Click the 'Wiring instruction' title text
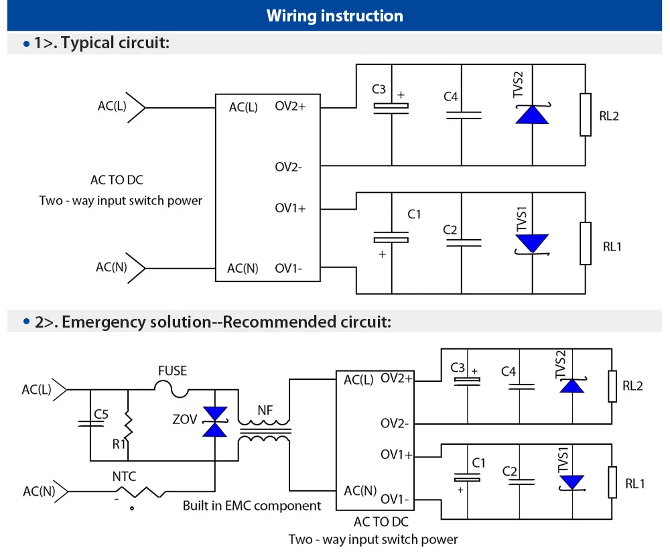334,16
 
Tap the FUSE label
173,370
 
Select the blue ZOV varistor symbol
214,422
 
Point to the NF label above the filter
265,410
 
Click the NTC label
124,476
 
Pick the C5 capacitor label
101,414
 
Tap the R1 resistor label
119,444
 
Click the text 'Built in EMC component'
252,506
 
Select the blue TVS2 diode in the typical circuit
532,115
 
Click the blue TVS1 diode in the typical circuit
532,244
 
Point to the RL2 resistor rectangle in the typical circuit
586,115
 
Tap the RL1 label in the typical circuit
612,247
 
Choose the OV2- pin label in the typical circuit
288,167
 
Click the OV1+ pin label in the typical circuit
290,208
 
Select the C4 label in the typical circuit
450,96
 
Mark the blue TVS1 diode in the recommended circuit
572,482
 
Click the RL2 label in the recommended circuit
632,386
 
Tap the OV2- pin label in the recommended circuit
395,423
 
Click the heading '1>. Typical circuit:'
102,43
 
